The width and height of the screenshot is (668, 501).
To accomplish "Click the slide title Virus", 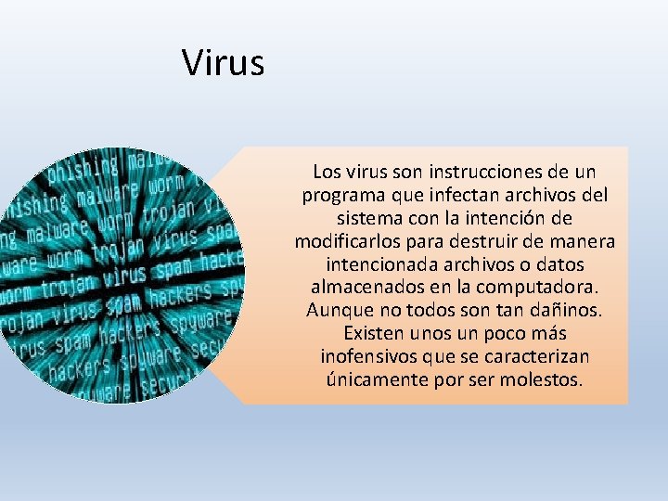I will pyautogui.click(x=223, y=63).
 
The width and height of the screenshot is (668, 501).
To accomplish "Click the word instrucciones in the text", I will pyautogui.click(x=469, y=173).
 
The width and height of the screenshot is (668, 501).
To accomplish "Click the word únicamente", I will pyautogui.click(x=370, y=379).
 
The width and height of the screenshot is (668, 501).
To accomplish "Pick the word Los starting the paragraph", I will pyautogui.click(x=327, y=173).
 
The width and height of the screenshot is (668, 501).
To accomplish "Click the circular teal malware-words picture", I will pyautogui.click(x=122, y=276).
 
